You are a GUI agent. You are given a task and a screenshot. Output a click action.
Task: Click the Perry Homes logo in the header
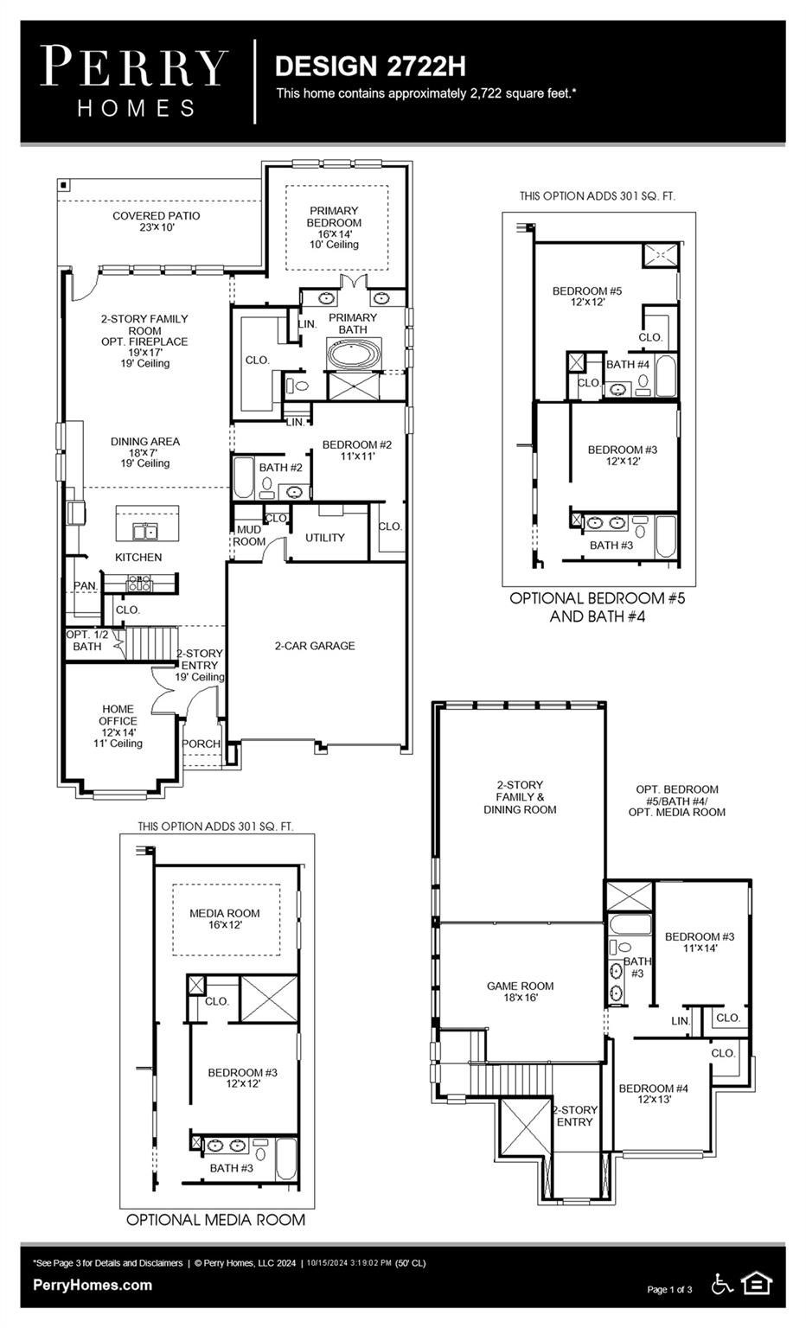click(x=135, y=82)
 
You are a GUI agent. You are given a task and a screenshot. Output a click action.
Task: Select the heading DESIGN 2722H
click(x=370, y=66)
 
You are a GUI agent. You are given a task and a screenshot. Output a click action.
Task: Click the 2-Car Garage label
click(x=315, y=646)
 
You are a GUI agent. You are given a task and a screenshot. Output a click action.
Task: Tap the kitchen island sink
click(x=144, y=530)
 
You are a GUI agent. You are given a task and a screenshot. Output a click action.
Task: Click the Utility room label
click(x=325, y=538)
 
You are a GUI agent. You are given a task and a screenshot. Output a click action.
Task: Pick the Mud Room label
click(x=249, y=536)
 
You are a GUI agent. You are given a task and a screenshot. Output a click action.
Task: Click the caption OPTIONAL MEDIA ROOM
click(x=215, y=1220)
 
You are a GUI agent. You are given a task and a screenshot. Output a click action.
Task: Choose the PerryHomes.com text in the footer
click(x=93, y=1285)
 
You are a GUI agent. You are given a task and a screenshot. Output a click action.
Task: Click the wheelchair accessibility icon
click(x=721, y=1284)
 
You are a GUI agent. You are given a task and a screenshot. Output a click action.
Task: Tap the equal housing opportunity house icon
click(x=757, y=1284)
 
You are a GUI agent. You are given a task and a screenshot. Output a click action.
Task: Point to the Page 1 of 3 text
click(x=669, y=1290)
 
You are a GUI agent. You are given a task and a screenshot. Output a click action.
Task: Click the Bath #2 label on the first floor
click(x=280, y=468)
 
